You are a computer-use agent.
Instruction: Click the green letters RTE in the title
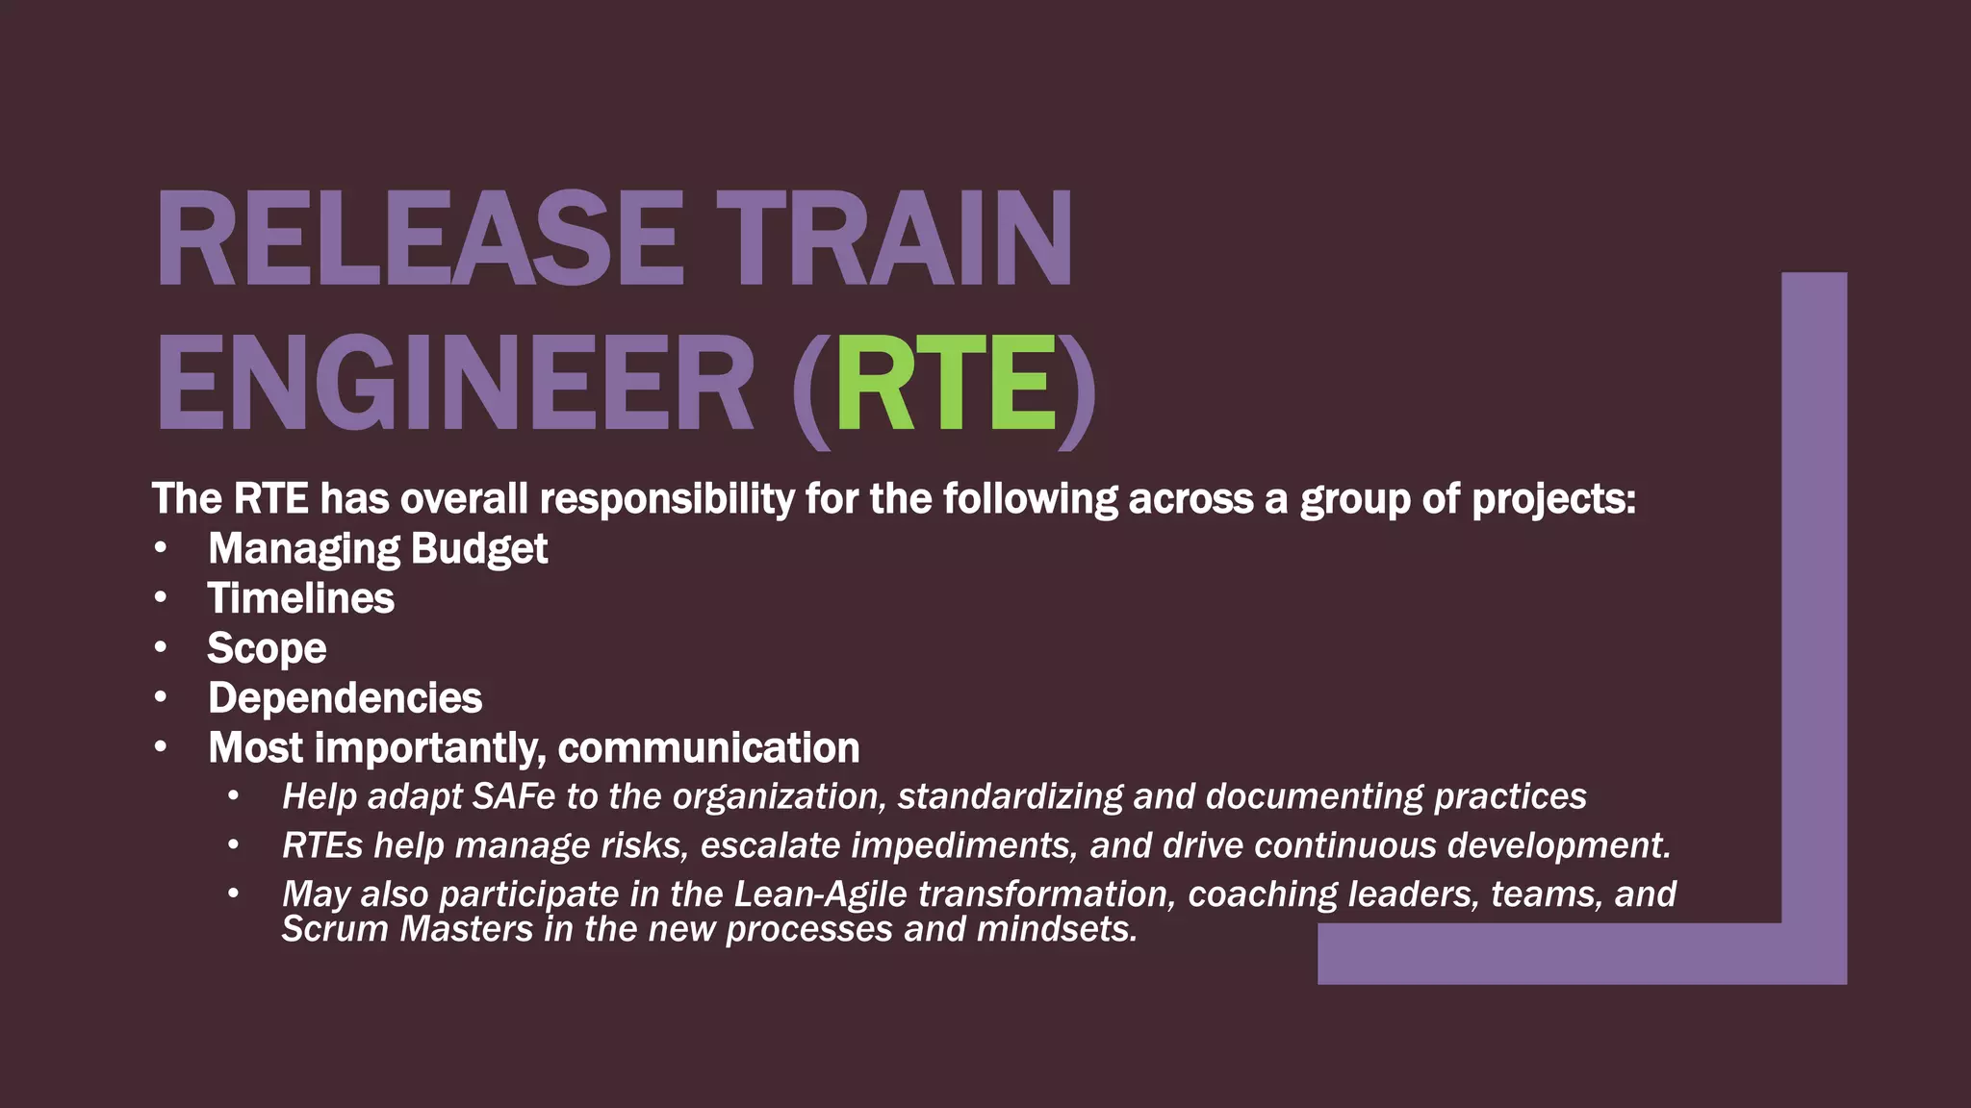click(946, 384)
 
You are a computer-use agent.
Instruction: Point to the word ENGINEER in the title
click(454, 384)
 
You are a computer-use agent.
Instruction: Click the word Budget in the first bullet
click(478, 549)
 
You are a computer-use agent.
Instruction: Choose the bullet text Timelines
click(300, 598)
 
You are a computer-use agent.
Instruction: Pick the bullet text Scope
click(267, 648)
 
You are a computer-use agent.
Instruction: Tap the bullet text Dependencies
click(345, 698)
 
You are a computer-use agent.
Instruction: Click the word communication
click(708, 748)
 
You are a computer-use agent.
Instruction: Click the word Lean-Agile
click(820, 894)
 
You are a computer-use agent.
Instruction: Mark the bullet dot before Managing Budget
click(161, 548)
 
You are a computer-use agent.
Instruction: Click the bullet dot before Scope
click(161, 647)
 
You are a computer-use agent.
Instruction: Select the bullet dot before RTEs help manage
click(233, 845)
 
